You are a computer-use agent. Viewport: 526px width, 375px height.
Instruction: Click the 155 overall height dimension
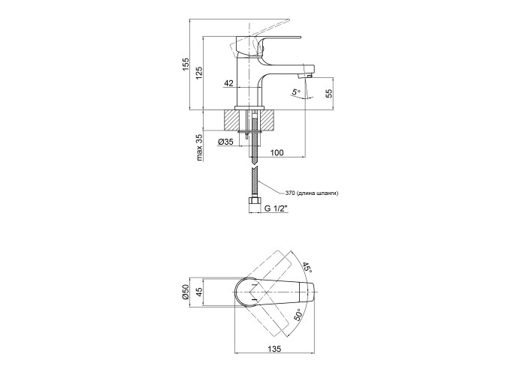186,66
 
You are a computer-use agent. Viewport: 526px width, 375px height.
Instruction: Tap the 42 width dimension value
228,84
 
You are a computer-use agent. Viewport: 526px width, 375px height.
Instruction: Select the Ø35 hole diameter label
225,142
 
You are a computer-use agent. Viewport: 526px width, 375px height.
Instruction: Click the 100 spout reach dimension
277,152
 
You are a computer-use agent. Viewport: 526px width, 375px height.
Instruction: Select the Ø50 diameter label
186,292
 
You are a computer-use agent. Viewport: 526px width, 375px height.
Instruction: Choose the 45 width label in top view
199,292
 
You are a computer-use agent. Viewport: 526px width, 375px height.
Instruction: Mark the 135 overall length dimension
276,348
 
